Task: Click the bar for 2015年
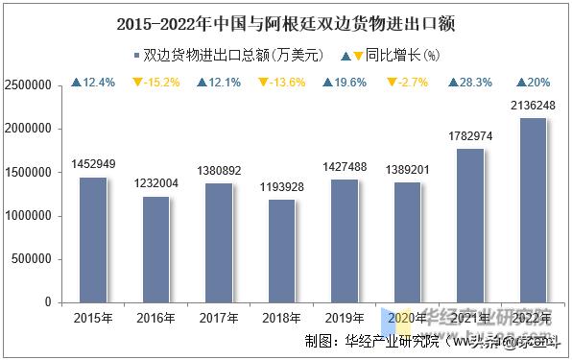(x=93, y=240)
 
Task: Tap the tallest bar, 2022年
(x=534, y=210)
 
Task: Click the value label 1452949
(x=93, y=165)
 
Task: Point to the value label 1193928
(x=282, y=187)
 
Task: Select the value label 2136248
(x=534, y=106)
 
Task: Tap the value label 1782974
(x=470, y=136)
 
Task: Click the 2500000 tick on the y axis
(x=30, y=85)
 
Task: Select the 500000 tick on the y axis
(x=34, y=259)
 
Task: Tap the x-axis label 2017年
(x=219, y=318)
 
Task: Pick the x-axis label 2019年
(x=345, y=318)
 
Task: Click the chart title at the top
(x=285, y=23)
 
